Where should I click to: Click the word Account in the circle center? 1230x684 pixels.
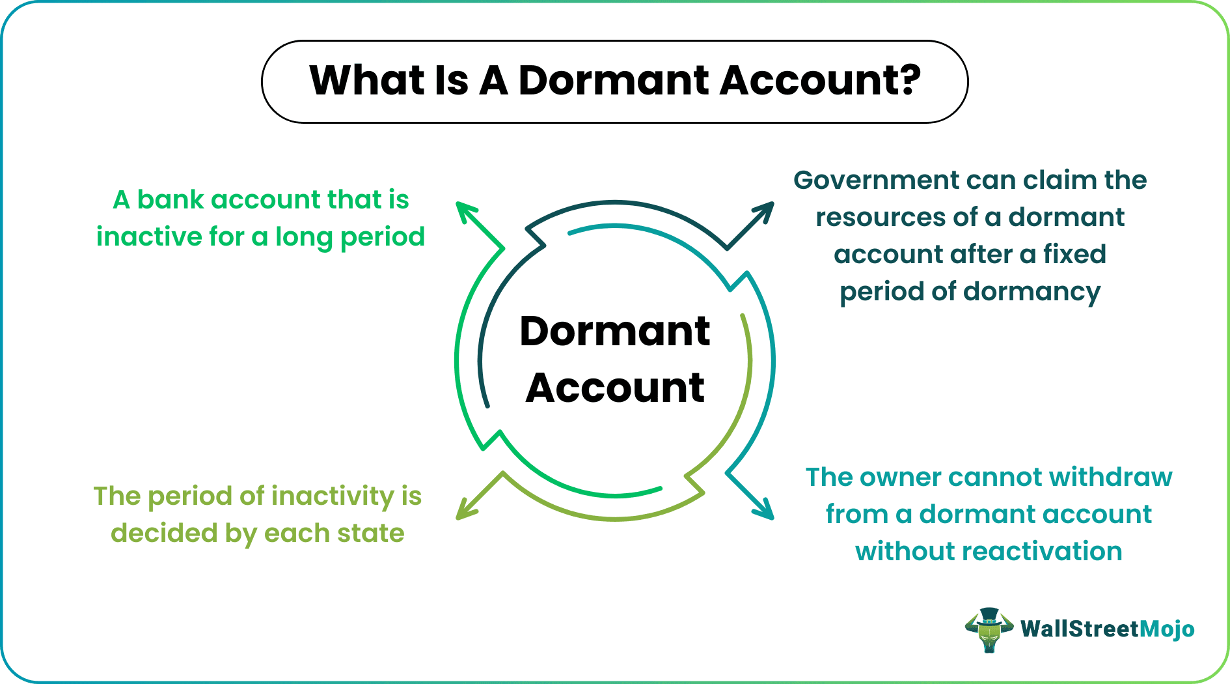(614, 388)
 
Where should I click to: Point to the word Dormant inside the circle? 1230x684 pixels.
(614, 331)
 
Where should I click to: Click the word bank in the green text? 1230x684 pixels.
(171, 200)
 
